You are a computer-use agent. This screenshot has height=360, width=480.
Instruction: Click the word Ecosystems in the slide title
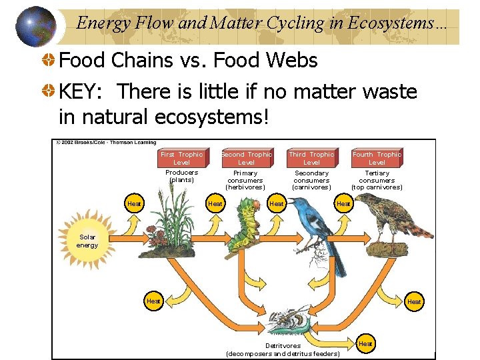pyautogui.click(x=394, y=23)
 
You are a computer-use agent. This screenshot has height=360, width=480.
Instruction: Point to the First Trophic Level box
pyautogui.click(x=181, y=158)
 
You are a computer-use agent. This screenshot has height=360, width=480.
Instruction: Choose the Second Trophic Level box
pyautogui.click(x=246, y=158)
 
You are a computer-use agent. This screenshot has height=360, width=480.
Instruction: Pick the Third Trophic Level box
pyautogui.click(x=311, y=158)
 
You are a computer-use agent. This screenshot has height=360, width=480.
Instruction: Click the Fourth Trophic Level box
pyautogui.click(x=377, y=158)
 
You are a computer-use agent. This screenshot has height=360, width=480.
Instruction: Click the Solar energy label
pyautogui.click(x=87, y=241)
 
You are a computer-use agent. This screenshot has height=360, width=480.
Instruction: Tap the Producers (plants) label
pyautogui.click(x=181, y=176)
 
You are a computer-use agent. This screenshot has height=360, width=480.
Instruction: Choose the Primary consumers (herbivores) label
pyautogui.click(x=245, y=180)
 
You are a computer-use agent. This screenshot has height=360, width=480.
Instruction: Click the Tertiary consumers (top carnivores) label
pyautogui.click(x=377, y=180)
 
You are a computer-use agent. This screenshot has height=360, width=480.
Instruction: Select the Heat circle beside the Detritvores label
pyautogui.click(x=365, y=343)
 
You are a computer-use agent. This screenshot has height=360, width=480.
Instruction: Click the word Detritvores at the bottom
pyautogui.click(x=283, y=345)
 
